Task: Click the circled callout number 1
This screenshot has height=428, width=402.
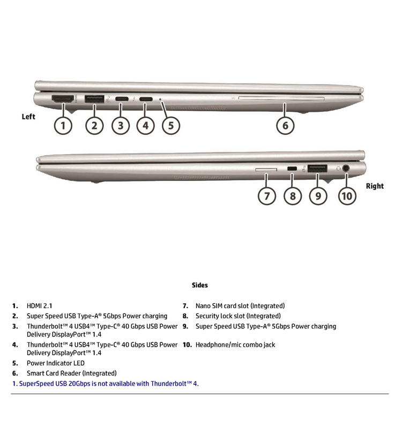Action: tap(63, 126)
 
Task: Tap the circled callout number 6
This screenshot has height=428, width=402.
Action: tap(285, 126)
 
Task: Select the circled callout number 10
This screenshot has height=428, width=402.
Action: tap(347, 196)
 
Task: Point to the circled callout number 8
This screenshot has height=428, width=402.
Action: tap(292, 196)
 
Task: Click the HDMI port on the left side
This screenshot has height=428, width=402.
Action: tap(63, 99)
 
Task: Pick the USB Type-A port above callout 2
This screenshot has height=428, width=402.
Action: tap(94, 98)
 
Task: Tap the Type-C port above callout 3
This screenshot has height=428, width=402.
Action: tap(121, 99)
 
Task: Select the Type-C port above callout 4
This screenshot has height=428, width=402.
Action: tap(145, 99)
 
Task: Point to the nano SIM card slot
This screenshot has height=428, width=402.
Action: tap(266, 170)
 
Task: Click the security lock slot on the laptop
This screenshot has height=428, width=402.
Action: tap(292, 169)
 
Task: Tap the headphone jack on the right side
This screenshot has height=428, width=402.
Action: tap(346, 169)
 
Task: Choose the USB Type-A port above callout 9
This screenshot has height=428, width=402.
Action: tap(318, 169)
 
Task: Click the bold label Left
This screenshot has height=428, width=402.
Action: tap(28, 117)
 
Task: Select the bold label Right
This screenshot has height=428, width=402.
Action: tap(375, 186)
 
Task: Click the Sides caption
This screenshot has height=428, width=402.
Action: tap(200, 285)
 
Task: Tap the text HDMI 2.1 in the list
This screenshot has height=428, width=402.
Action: tap(40, 306)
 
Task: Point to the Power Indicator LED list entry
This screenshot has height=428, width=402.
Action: tap(55, 363)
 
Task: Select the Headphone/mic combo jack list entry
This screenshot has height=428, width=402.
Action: tap(235, 345)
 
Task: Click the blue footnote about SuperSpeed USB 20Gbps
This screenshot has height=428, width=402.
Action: tap(105, 384)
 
